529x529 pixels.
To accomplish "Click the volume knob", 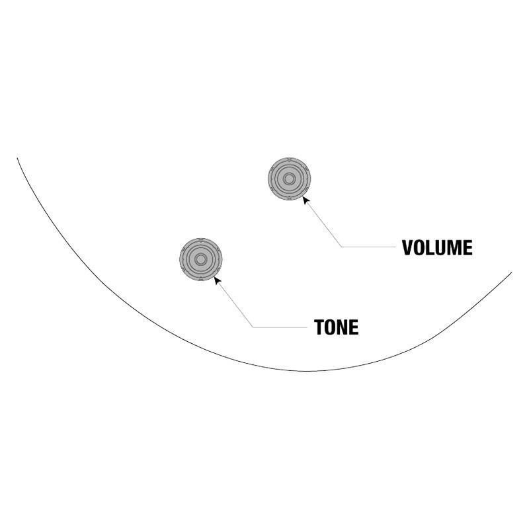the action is (289, 179).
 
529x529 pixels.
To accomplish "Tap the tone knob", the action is (201, 259).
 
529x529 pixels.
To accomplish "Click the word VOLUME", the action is (437, 248).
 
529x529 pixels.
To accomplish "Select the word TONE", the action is (336, 327).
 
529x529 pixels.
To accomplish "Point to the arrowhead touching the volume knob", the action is (305, 200).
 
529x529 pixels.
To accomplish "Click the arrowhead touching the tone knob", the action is (218, 280).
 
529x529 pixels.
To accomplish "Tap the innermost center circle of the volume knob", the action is (289, 179).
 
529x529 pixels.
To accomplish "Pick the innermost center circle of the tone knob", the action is (201, 259).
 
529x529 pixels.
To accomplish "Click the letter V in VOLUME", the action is (407, 248).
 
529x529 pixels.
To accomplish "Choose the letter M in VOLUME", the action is (454, 248).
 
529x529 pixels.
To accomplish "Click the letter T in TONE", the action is (319, 327).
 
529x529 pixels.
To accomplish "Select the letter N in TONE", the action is (343, 327).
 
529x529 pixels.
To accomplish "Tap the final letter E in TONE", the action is (354, 327).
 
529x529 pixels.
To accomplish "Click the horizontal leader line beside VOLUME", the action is (368, 247).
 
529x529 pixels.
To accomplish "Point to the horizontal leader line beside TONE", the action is (280, 327).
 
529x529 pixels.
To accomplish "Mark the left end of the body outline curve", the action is (17, 158).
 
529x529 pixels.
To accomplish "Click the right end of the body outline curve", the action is (512, 272).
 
